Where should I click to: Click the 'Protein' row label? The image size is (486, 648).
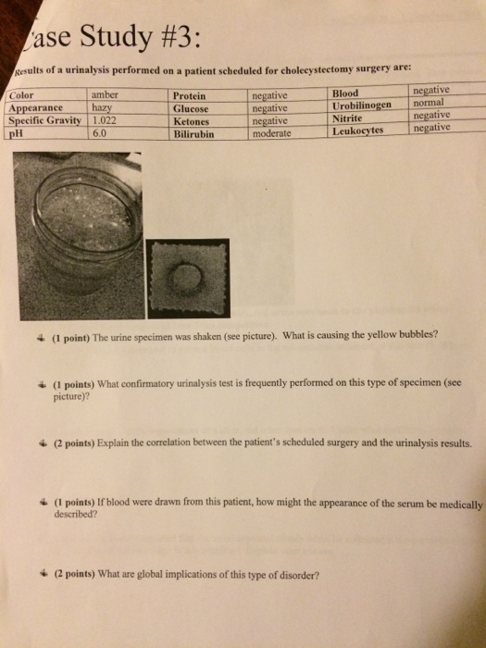(x=190, y=95)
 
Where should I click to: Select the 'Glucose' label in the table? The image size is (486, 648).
(x=192, y=107)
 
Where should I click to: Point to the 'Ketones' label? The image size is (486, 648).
(x=192, y=120)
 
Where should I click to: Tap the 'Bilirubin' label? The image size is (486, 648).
(x=193, y=133)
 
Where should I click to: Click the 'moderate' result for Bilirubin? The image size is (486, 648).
(x=273, y=133)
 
